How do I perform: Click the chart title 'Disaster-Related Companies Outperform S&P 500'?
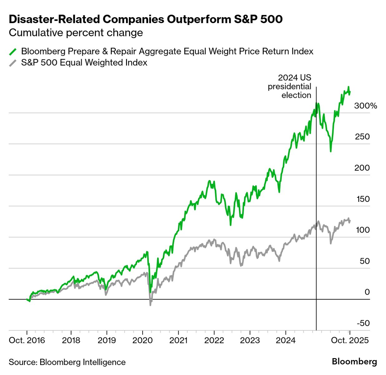click(x=146, y=19)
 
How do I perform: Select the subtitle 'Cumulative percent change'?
click(x=76, y=33)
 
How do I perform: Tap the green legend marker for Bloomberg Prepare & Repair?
click(x=13, y=52)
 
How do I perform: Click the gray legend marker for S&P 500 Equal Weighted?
click(x=13, y=63)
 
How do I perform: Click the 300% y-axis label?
click(x=365, y=106)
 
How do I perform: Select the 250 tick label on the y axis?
click(x=362, y=137)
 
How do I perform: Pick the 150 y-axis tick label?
click(x=363, y=199)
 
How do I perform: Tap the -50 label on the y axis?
click(x=363, y=323)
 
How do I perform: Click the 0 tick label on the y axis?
click(x=367, y=292)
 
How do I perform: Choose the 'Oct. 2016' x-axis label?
click(x=27, y=340)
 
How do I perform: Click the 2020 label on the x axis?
click(x=143, y=340)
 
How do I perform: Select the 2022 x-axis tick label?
click(x=214, y=340)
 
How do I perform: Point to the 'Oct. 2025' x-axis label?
click(x=350, y=340)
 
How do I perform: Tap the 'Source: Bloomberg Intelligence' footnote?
click(x=67, y=362)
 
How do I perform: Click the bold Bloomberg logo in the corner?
click(x=354, y=362)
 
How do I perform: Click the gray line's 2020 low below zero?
click(x=150, y=305)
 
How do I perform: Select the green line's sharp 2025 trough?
click(x=330, y=151)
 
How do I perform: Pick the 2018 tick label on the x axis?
click(x=71, y=340)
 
